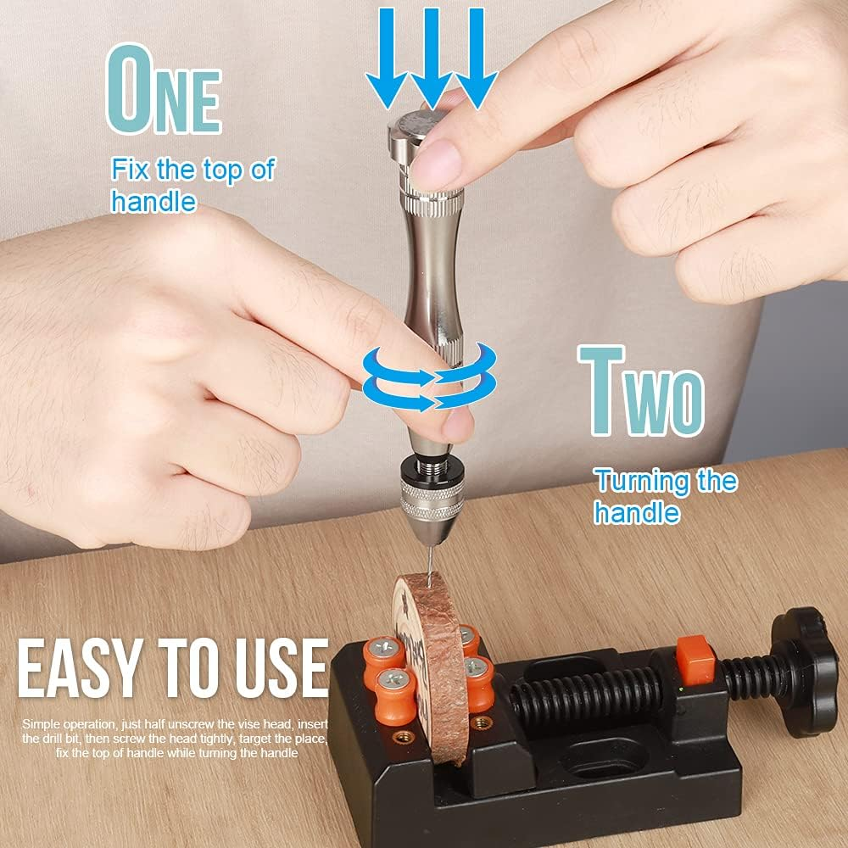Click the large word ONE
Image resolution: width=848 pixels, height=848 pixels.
(x=162, y=91)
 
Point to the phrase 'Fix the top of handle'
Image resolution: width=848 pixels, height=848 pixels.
(x=192, y=185)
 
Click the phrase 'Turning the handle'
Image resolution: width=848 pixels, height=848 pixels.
(x=665, y=497)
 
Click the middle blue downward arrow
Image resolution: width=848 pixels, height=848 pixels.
(x=432, y=55)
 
